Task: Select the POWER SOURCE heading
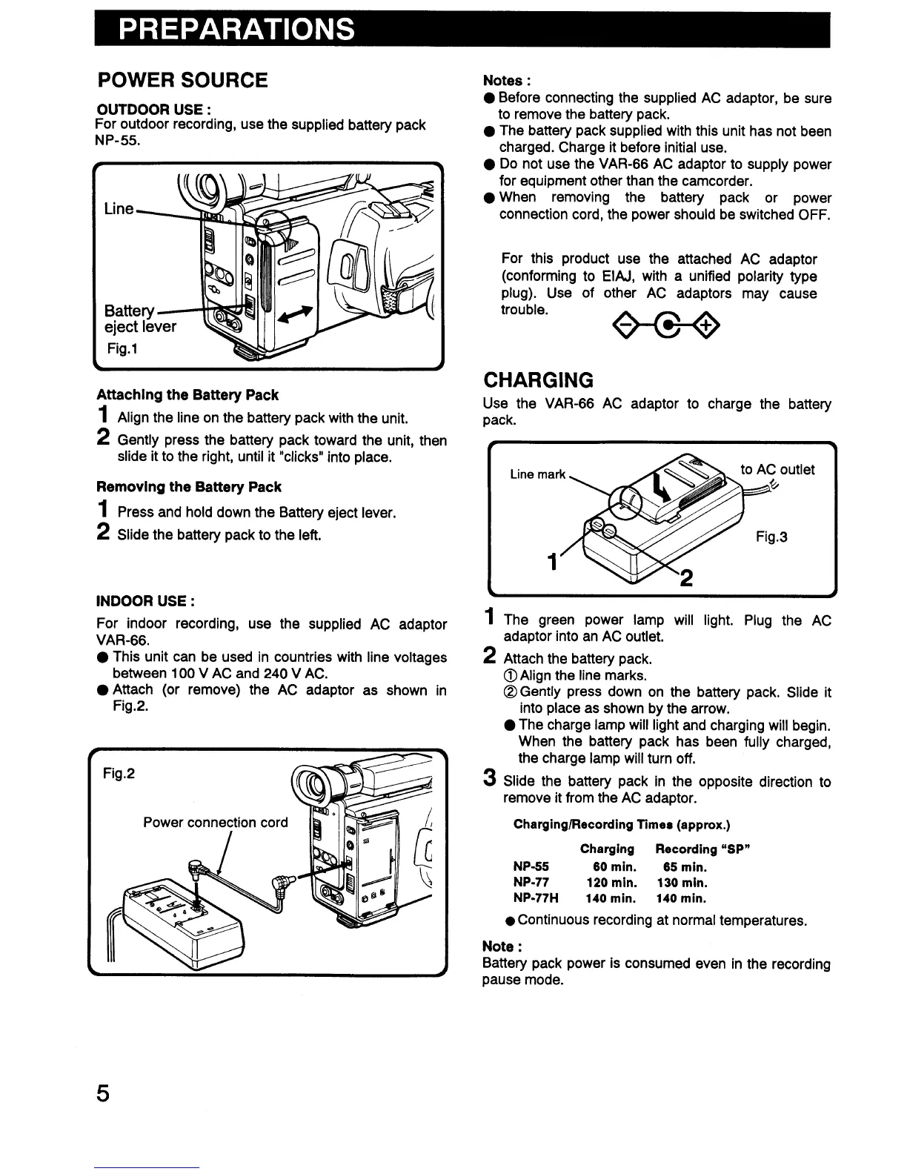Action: coord(184,80)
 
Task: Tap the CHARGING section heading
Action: coord(539,380)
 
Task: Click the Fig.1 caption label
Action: coord(121,348)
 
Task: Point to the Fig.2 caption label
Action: coord(119,773)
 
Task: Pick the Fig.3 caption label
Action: coord(772,537)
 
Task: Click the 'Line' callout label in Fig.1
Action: coord(119,209)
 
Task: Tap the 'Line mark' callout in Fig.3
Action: coord(538,474)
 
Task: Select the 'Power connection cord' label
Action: coord(216,823)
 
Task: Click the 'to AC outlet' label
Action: coord(778,469)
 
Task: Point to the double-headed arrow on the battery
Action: coord(294,314)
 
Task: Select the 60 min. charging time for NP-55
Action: coord(614,866)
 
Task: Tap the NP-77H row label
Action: coord(536,898)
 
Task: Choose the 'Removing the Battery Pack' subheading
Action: coord(189,487)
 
